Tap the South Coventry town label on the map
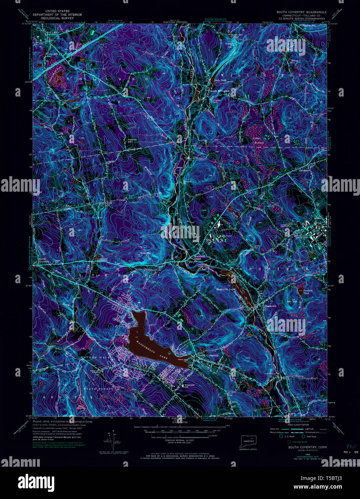[208, 356]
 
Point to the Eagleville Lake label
[225, 289]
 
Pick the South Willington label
[220, 91]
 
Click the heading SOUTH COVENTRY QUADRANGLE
[301, 12]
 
